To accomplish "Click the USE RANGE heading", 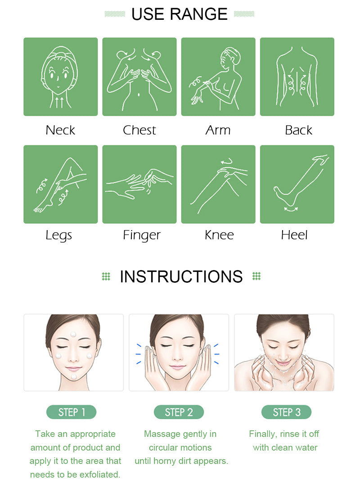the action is coord(180,14).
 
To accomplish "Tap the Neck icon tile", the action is coord(61,77).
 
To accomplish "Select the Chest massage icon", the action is coord(139,77).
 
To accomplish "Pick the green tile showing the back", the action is coord(297,77).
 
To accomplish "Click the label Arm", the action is coord(218,130).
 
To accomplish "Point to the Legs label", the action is coord(59,235).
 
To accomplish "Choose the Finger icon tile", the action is coord(139,184).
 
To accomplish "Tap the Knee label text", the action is coord(219,235).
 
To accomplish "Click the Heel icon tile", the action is coord(297,184).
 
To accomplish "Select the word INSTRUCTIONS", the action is coord(181,276).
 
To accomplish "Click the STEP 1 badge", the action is coord(71,412).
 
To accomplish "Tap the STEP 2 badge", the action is coord(179,412).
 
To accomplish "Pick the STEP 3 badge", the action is coord(287,412).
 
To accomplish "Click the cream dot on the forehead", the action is coord(73,334).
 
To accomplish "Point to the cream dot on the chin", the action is coord(73,376).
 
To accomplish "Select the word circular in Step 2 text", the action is coord(161,447).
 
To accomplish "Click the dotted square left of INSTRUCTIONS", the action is coord(106,276).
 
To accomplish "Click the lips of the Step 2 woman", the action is coord(178,367).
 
